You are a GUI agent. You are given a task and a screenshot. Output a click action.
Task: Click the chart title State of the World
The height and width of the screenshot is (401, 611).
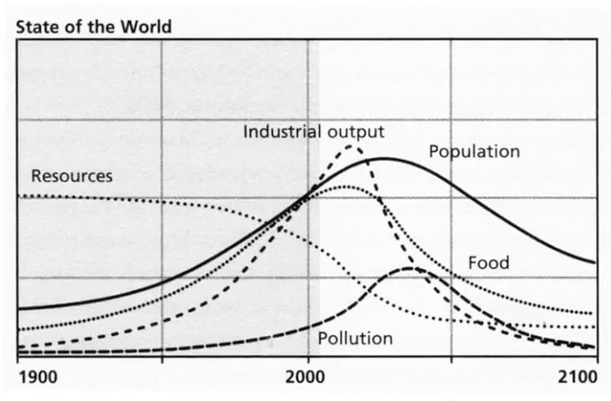coord(94,26)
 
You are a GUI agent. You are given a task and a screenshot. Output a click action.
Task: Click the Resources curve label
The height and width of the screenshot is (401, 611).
coord(71,177)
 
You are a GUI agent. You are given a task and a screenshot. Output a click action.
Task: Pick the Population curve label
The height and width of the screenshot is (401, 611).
coord(474,152)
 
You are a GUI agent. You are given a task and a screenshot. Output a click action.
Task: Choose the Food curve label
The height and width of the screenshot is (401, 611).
coord(488,263)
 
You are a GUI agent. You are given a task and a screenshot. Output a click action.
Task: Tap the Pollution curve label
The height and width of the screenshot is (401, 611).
coord(355,338)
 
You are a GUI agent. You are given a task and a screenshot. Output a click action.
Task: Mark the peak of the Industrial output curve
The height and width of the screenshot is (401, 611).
coord(351,146)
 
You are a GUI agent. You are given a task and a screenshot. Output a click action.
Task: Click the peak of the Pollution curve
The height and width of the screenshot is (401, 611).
coord(409,268)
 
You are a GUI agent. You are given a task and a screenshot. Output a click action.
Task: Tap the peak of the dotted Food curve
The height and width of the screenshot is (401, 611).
coord(346,186)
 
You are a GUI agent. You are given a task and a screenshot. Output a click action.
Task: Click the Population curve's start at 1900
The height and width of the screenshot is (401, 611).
coord(19,308)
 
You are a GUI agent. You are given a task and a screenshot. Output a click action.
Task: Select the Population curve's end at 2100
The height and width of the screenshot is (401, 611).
coord(594,263)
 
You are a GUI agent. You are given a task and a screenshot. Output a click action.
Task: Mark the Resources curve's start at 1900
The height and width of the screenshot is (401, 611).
coord(19,195)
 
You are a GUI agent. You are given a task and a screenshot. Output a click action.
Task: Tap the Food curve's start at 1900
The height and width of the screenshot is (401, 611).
coord(19,330)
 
